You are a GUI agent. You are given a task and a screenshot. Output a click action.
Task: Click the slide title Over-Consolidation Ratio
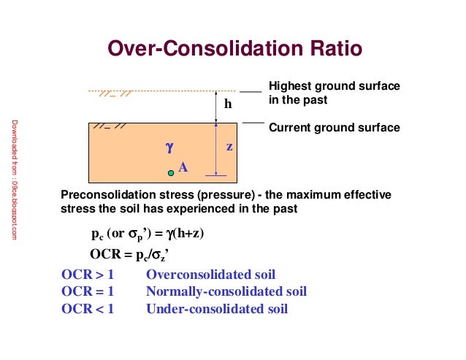234,49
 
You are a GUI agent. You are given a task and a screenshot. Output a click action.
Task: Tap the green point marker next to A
171,172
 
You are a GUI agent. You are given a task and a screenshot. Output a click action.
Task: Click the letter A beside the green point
183,167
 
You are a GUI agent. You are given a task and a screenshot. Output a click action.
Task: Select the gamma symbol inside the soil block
169,147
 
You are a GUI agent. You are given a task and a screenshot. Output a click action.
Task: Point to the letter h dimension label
228,104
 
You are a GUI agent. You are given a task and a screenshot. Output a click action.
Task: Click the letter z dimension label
229,146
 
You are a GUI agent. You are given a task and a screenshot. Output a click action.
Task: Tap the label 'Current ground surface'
335,128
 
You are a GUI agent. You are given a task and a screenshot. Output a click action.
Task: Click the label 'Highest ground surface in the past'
335,93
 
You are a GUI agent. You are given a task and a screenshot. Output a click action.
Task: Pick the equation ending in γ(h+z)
148,234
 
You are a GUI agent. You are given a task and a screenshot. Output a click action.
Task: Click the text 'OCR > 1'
88,275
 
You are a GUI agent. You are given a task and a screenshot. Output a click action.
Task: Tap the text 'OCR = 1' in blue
88,292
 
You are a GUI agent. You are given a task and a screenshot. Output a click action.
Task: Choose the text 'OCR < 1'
88,309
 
